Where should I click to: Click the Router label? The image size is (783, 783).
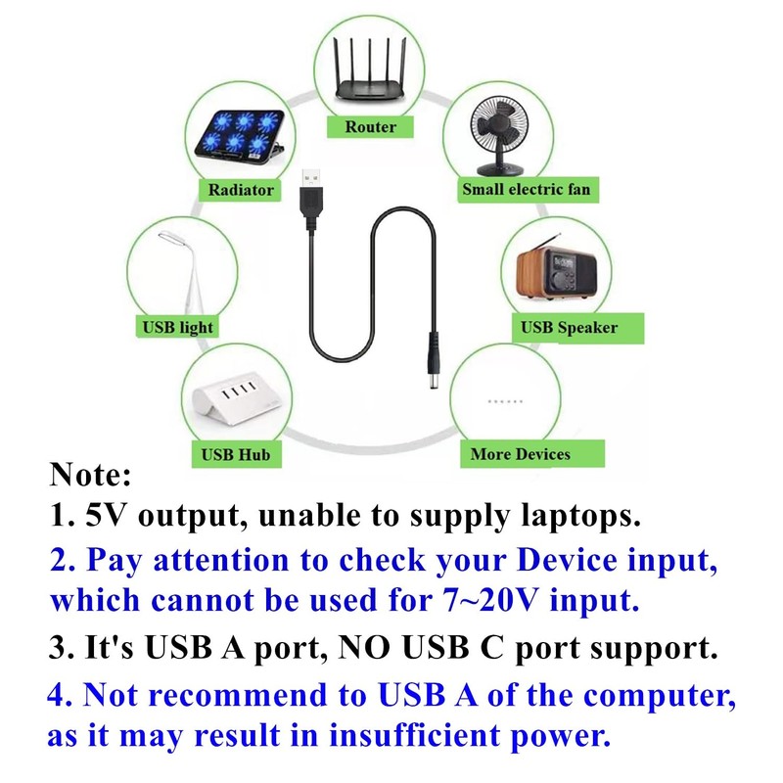coord(371,126)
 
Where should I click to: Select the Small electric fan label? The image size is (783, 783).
coord(526,188)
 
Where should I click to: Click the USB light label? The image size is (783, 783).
coord(178,327)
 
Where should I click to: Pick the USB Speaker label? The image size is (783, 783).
coord(569,327)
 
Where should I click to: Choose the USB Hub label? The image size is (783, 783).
coord(235,454)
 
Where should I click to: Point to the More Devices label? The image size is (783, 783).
coord(520,453)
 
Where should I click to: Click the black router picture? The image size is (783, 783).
coord(371,73)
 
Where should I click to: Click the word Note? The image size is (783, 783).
coord(89,477)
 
